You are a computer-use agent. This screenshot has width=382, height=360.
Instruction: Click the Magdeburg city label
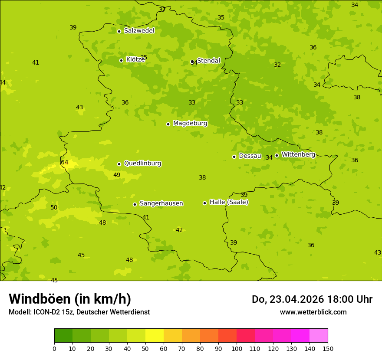pyautogui.click(x=190, y=124)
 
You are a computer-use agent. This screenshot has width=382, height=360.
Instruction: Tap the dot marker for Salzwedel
pyautogui.click(x=119, y=31)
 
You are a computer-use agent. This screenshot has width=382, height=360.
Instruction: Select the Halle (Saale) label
pyautogui.click(x=229, y=202)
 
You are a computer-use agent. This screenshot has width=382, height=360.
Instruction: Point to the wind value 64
pyautogui.click(x=65, y=163)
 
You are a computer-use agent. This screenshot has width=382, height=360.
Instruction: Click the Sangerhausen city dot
pyautogui.click(x=135, y=204)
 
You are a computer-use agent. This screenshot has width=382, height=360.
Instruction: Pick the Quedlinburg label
pyautogui.click(x=142, y=164)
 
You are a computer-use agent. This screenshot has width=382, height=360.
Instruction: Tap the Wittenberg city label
pyautogui.click(x=298, y=155)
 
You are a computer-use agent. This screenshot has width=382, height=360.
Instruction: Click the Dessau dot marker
pyautogui.click(x=234, y=157)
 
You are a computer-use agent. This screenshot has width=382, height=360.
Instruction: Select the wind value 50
pyautogui.click(x=54, y=208)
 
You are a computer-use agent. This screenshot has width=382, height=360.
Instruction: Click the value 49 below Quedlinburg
pyautogui.click(x=117, y=175)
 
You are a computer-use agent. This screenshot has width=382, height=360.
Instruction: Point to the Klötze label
pyautogui.click(x=135, y=60)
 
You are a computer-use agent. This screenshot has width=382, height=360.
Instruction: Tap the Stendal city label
pyautogui.click(x=209, y=61)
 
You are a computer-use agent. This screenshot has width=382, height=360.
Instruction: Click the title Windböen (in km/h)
pyautogui.click(x=70, y=299)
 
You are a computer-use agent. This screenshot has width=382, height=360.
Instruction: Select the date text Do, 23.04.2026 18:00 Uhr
pyautogui.click(x=312, y=299)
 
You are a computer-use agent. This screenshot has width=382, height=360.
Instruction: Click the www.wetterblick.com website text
pyautogui.click(x=313, y=312)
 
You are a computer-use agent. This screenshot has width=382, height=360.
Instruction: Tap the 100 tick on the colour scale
pyautogui.click(x=237, y=348)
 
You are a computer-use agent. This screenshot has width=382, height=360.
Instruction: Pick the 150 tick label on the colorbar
pyautogui.click(x=328, y=348)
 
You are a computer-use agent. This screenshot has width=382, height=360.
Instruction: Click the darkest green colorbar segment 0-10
pyautogui.click(x=63, y=336)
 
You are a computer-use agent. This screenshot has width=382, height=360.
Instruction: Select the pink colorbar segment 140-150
pyautogui.click(x=319, y=336)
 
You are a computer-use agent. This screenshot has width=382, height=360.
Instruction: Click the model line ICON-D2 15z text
pyautogui.click(x=79, y=312)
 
